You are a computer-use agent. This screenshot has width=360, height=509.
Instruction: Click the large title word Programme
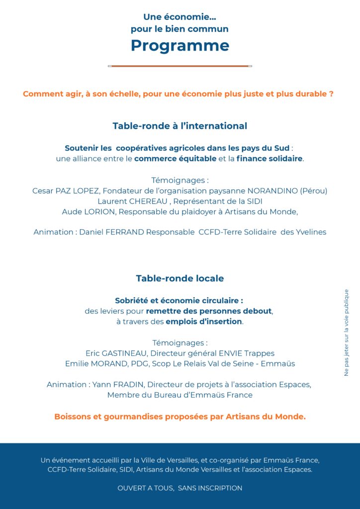click(x=180, y=46)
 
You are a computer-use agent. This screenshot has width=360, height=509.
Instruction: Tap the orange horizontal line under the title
click(x=180, y=66)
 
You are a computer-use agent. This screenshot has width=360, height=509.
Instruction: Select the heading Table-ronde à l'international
click(x=180, y=126)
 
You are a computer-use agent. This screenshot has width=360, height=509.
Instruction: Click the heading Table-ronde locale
click(x=180, y=278)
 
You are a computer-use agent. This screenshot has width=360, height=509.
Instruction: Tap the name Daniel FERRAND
click(x=111, y=232)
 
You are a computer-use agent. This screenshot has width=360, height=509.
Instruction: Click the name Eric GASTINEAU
click(x=116, y=353)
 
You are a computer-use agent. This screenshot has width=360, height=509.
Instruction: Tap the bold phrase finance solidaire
click(x=270, y=159)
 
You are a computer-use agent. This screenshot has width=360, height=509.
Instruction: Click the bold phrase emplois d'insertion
click(x=204, y=322)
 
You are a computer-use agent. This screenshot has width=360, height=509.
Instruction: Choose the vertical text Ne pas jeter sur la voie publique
click(x=347, y=333)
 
